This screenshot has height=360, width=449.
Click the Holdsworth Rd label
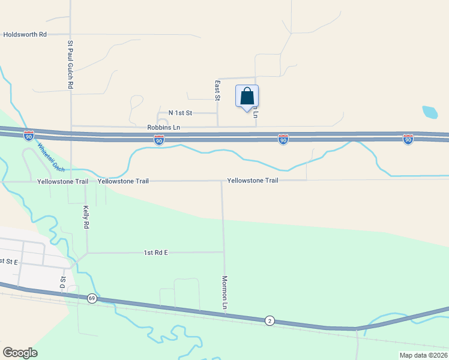click(x=25, y=35)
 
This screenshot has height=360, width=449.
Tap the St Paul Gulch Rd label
click(x=70, y=65)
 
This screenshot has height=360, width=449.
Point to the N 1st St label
click(x=180, y=113)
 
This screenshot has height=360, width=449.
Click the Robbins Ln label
click(x=163, y=127)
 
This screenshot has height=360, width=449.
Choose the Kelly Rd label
click(x=86, y=217)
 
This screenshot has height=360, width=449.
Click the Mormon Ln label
click(x=224, y=293)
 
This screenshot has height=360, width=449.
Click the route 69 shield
click(x=91, y=298)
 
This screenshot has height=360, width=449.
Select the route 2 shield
click(x=270, y=321)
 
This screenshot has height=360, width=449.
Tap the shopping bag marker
click(x=247, y=97)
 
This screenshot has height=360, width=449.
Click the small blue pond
click(x=430, y=112)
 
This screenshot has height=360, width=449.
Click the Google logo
click(x=20, y=353)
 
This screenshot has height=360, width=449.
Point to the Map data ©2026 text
click(x=423, y=355)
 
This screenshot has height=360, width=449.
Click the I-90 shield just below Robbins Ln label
click(x=159, y=140)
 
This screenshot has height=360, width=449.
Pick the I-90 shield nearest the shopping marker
click(x=283, y=140)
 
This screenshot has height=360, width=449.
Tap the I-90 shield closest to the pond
click(x=408, y=139)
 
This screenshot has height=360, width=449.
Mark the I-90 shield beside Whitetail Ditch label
click(x=29, y=136)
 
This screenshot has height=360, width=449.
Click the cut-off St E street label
click(x=8, y=262)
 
